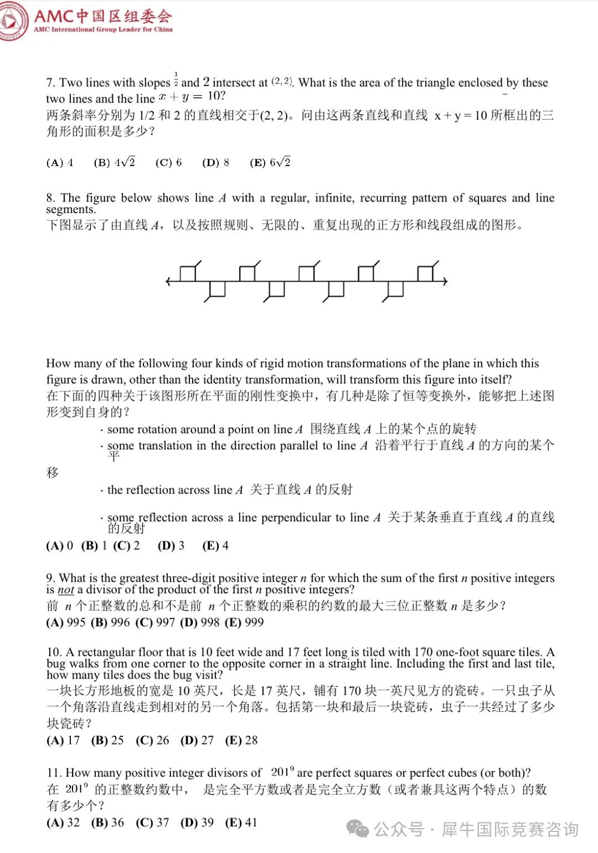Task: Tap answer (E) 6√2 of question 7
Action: (x=270, y=162)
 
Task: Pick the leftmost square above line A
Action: (x=188, y=273)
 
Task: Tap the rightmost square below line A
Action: (x=395, y=289)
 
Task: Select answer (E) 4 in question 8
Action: (x=215, y=546)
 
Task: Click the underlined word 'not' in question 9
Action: (x=66, y=590)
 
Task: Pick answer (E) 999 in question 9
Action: (x=244, y=622)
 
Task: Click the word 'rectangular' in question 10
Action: (x=106, y=652)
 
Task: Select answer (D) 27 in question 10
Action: (x=197, y=741)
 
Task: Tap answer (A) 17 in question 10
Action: (x=63, y=741)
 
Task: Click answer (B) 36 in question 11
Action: (x=107, y=823)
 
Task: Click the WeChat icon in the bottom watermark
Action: (x=357, y=829)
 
